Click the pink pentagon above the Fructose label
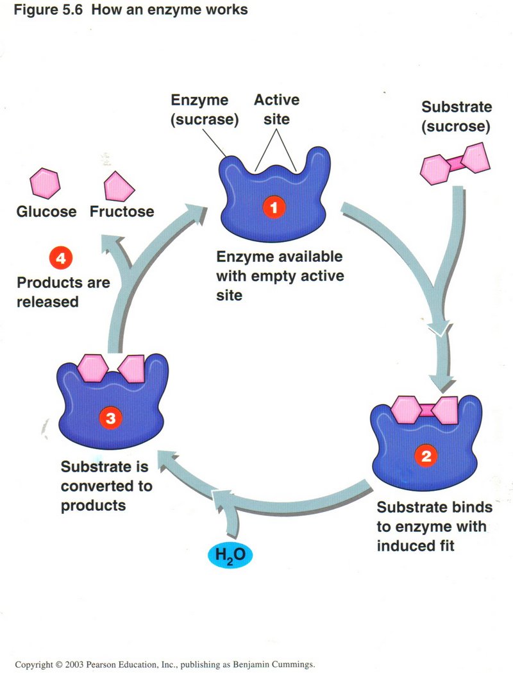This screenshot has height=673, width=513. [120, 186]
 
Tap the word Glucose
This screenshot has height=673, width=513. [46, 212]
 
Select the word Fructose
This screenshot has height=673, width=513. [122, 212]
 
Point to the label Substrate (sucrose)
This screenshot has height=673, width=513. [456, 116]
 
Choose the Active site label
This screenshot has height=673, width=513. [276, 109]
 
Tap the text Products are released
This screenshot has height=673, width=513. [63, 292]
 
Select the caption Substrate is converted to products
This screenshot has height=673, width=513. [106, 486]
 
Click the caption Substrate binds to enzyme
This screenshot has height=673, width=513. [434, 527]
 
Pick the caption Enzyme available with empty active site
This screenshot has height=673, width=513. [279, 276]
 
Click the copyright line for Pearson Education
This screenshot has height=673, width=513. [165, 664]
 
